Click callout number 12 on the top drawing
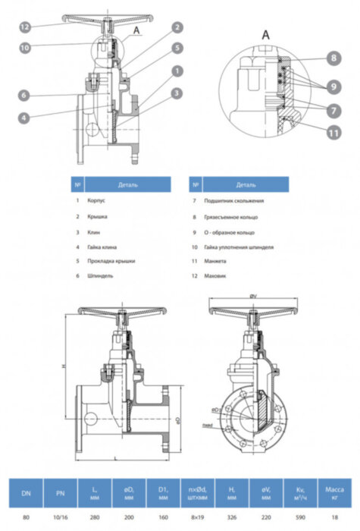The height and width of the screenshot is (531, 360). pos(26,27)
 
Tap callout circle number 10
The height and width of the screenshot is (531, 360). pos(26,47)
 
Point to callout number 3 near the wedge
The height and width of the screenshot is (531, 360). pos(176,93)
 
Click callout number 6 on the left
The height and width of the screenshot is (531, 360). pos(26,96)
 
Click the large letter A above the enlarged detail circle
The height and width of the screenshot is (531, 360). pos(265,35)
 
